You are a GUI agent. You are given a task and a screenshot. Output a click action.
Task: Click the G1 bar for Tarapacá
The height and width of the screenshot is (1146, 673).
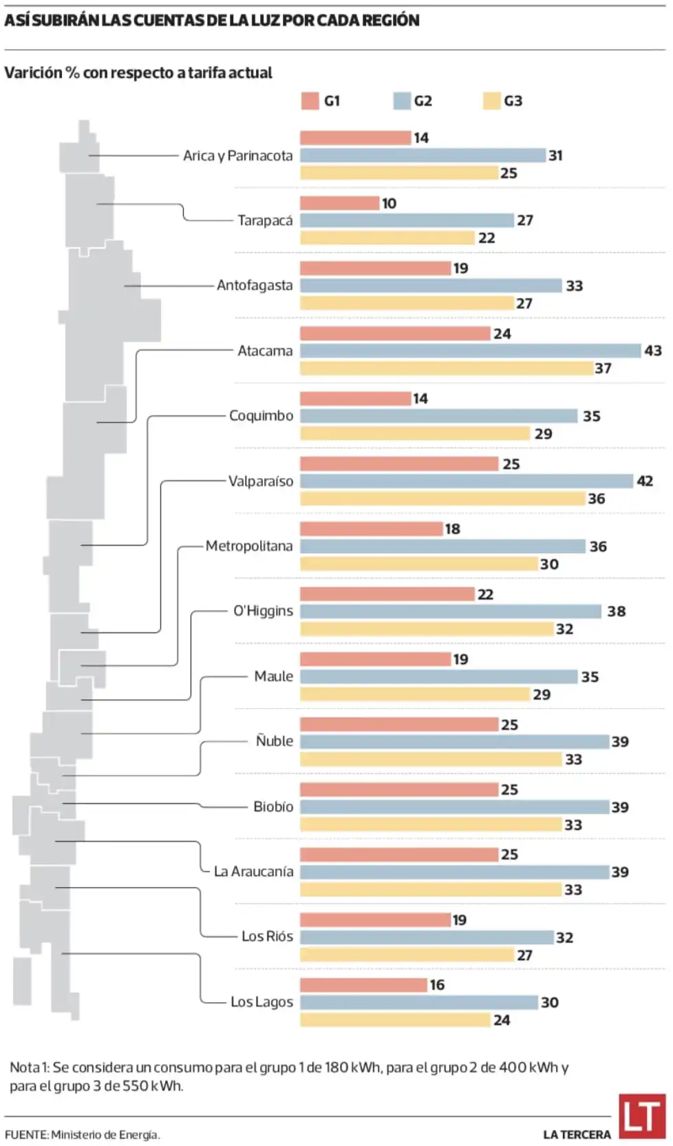(339, 203)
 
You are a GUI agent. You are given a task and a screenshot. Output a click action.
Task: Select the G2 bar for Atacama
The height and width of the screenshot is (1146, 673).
(470, 351)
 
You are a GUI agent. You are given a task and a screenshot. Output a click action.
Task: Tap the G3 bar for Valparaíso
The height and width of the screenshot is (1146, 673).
(442, 499)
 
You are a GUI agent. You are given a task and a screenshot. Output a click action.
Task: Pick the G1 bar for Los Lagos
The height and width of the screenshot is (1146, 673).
(363, 985)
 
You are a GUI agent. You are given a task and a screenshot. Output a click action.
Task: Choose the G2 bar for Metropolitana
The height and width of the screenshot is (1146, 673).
(442, 546)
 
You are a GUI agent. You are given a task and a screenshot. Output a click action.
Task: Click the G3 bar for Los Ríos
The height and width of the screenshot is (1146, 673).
(407, 955)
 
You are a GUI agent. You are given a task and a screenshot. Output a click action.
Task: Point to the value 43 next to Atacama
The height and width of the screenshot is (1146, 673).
(652, 351)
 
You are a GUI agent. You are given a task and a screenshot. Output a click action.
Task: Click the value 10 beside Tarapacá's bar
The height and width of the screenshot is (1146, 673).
(389, 203)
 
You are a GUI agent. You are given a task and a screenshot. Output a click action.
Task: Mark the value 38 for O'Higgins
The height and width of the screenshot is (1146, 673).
(616, 611)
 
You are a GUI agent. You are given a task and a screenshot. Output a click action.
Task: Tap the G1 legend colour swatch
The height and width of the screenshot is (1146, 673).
(310, 101)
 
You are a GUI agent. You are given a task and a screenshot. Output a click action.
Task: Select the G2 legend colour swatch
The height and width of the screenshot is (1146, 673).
(402, 101)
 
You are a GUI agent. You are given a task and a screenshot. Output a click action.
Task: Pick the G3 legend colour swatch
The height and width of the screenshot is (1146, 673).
(491, 101)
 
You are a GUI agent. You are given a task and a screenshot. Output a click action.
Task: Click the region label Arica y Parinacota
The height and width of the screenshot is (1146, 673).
(237, 156)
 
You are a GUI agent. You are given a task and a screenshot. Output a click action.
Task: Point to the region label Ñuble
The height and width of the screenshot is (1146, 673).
(274, 741)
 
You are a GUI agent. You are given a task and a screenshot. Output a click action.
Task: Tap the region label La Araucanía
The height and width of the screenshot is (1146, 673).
(253, 871)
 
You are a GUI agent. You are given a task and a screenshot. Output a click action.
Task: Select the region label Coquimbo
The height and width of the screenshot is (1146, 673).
(261, 415)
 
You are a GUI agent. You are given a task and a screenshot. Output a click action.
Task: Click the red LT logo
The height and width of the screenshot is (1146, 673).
(641, 1116)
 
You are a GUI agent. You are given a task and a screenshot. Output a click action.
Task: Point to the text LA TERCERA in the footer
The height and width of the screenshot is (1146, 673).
(577, 1134)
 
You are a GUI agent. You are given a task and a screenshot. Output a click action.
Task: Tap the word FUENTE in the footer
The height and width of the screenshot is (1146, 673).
(26, 1134)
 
